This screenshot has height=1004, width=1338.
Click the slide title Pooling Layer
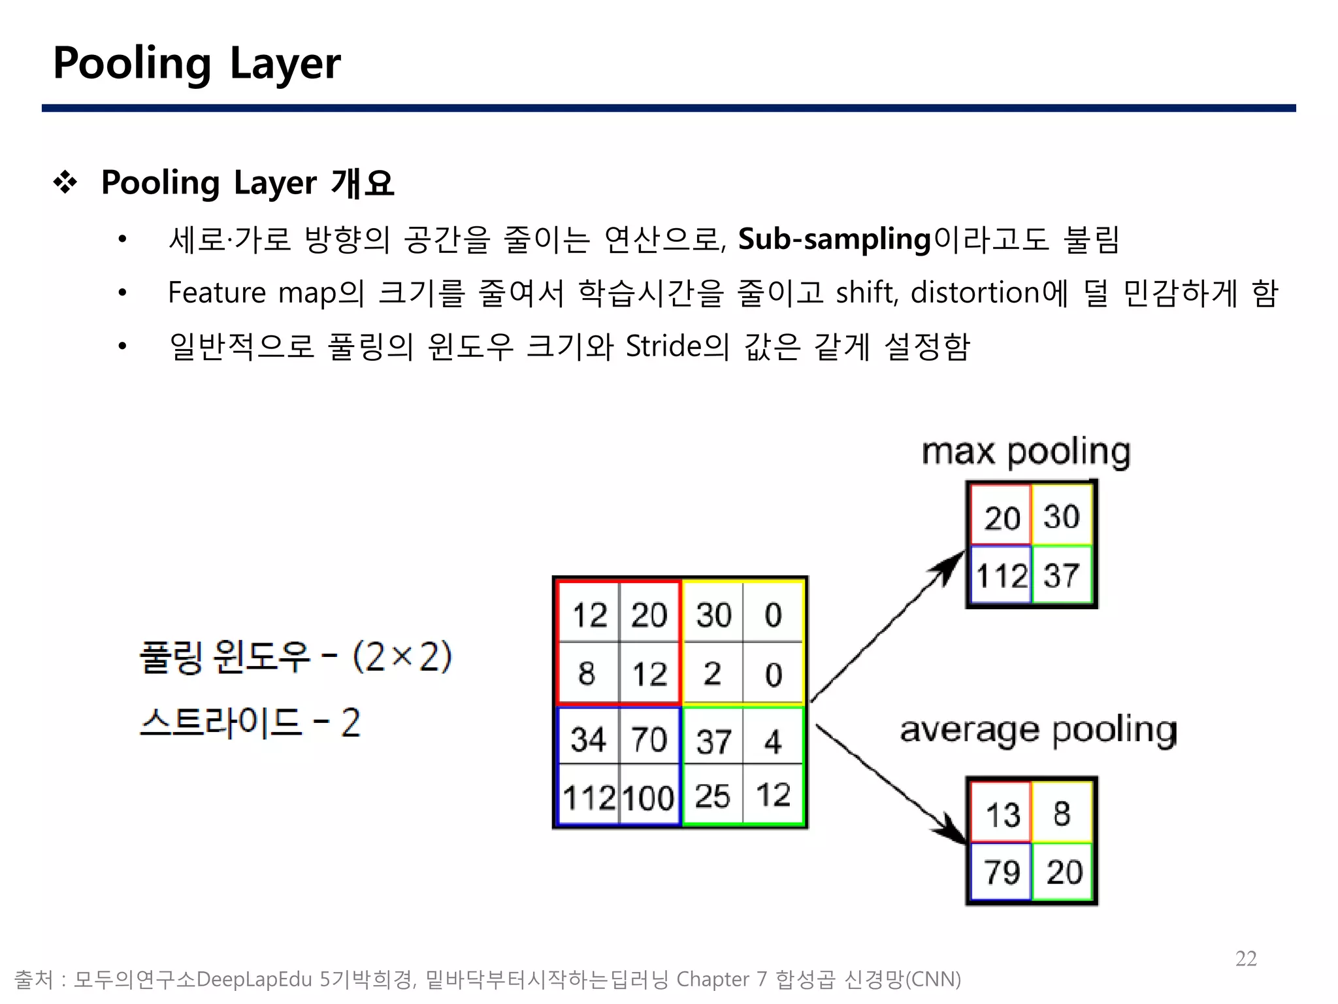(197, 63)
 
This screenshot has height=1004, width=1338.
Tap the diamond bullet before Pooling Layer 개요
(65, 182)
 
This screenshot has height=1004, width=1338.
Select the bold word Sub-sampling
(834, 239)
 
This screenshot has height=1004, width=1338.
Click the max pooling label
(1026, 452)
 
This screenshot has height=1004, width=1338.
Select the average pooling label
(1038, 730)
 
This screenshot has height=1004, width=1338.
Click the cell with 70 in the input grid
(649, 739)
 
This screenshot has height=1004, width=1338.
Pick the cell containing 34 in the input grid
(588, 739)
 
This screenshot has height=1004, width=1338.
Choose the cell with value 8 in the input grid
(587, 673)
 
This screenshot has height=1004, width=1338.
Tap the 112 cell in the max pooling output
(1002, 576)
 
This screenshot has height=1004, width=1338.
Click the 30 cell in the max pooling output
(1061, 516)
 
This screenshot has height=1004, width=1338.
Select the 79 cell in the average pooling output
(1002, 872)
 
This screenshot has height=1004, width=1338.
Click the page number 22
(1246, 958)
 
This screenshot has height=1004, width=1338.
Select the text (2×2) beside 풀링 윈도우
(402, 657)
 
